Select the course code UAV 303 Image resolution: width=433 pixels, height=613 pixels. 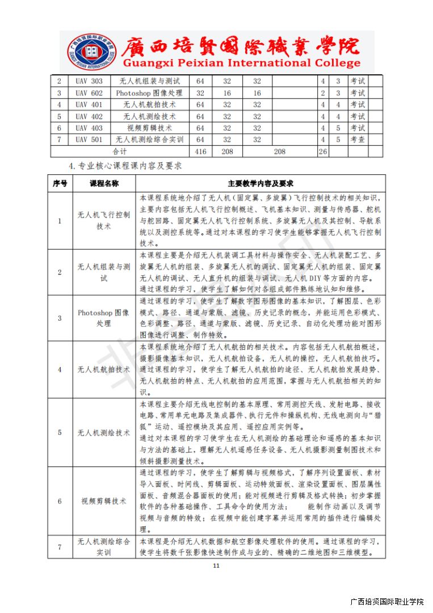[89, 81]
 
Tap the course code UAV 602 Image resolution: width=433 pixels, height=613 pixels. [89, 93]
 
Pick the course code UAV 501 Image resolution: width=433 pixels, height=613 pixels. [89, 140]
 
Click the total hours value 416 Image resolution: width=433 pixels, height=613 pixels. [200, 152]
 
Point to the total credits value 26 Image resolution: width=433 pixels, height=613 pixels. [323, 152]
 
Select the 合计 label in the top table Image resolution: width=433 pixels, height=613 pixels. [119, 152]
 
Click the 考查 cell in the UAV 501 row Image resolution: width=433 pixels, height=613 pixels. [358, 140]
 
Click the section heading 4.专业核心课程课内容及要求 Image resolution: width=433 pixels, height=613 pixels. [124, 166]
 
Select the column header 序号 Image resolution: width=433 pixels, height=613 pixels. [60, 184]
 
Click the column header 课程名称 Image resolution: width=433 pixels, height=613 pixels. [104, 184]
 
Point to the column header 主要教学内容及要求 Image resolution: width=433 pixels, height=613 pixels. [260, 184]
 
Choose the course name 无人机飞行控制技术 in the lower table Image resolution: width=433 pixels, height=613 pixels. [104, 221]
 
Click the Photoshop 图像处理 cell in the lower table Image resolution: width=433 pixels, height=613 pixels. [104, 318]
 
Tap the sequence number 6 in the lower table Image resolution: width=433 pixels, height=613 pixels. [60, 501]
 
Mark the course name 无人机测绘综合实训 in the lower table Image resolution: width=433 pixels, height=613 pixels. [104, 547]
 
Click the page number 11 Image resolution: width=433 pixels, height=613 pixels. [216, 566]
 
